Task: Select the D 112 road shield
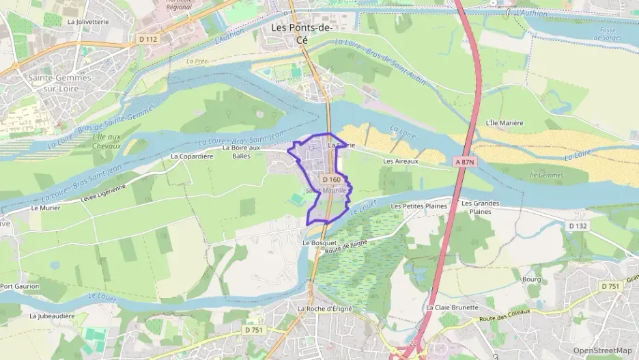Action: (x=147, y=39)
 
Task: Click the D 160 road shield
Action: (x=331, y=180)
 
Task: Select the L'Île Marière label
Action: (x=504, y=123)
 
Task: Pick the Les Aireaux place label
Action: (x=401, y=161)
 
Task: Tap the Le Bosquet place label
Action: (x=319, y=243)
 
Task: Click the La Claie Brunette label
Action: (x=452, y=307)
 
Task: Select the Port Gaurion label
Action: (x=20, y=286)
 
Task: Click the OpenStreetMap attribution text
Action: (x=602, y=350)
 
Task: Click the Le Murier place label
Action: (x=46, y=208)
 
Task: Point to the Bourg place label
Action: (x=531, y=279)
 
